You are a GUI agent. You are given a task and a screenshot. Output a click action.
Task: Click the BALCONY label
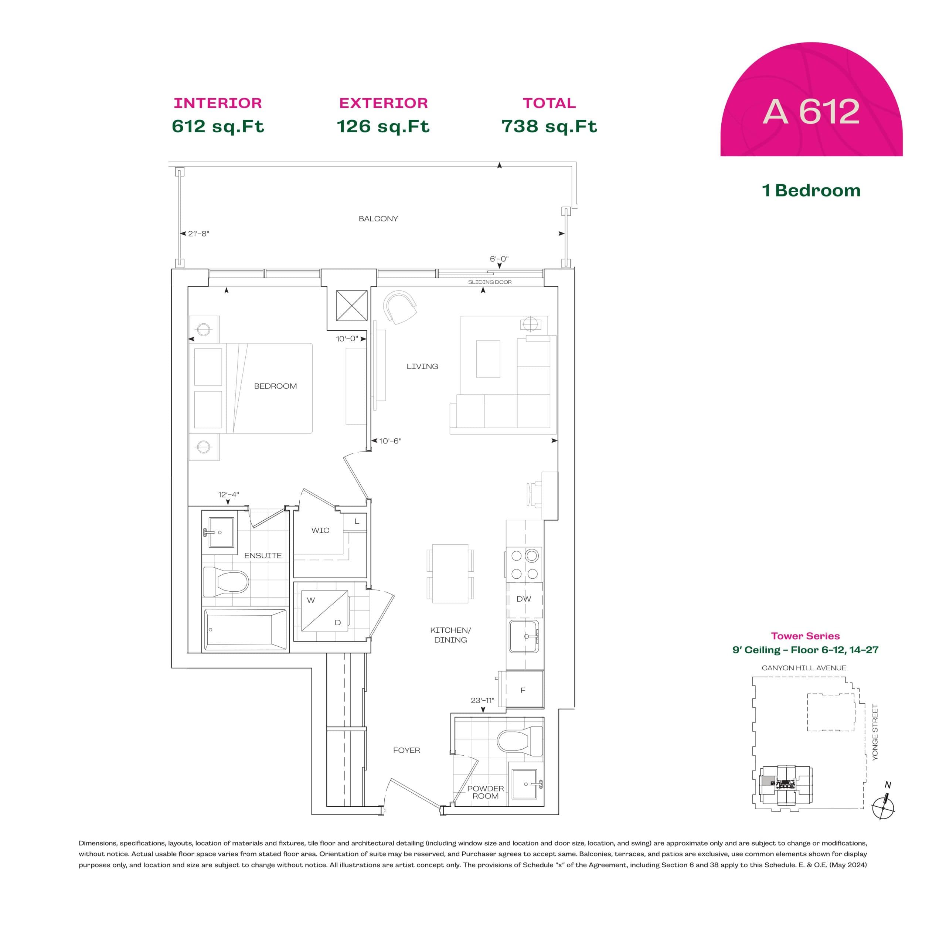378,219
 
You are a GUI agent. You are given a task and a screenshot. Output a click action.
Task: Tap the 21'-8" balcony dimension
198,234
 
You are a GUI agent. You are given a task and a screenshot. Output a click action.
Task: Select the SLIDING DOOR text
490,282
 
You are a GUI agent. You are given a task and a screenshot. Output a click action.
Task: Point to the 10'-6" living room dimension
390,441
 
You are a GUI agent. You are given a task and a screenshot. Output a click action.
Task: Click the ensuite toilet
226,582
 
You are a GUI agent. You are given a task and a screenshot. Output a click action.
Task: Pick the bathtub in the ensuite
245,630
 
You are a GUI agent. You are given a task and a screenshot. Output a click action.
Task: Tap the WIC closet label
320,530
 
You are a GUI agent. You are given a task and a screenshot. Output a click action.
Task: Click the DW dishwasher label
523,599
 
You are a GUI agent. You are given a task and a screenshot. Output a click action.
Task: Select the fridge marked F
523,690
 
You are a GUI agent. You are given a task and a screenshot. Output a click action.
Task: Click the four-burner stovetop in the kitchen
524,565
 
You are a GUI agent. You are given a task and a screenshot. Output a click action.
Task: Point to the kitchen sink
523,637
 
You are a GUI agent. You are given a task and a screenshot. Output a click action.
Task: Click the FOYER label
406,750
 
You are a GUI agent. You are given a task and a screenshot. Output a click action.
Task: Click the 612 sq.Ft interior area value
218,126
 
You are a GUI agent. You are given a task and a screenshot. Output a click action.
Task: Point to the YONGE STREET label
875,732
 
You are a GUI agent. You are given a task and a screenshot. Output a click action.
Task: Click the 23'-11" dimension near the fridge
482,701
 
